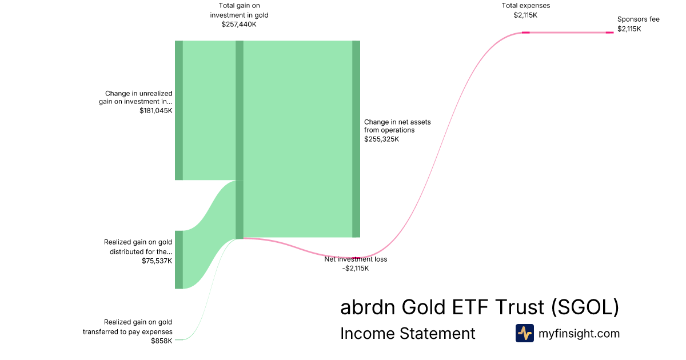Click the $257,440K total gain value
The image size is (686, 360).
coord(239,24)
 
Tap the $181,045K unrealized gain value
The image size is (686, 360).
coord(156,110)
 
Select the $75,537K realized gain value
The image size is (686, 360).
coord(157,261)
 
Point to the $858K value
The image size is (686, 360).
coord(161,341)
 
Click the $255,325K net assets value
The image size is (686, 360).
coord(382,139)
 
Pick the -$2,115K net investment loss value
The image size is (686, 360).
coord(356,269)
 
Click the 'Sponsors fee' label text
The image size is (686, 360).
coord(638,19)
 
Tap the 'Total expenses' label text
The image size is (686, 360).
coord(525,6)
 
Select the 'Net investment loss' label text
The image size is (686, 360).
coord(356,259)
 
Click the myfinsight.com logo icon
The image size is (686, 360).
coord(525,333)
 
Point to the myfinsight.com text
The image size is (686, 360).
coord(579,333)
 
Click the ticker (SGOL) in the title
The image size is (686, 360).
coord(585,307)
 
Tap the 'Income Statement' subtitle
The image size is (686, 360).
coord(408,333)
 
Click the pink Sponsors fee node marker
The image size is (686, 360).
coord(610,33)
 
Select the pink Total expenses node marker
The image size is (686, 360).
coord(526,33)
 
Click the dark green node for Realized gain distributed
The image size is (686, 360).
coord(179,259)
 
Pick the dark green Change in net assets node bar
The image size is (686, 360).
coord(356,139)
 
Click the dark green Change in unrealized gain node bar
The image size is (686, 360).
coord(179,110)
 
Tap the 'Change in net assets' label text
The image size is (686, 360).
coord(397,126)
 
